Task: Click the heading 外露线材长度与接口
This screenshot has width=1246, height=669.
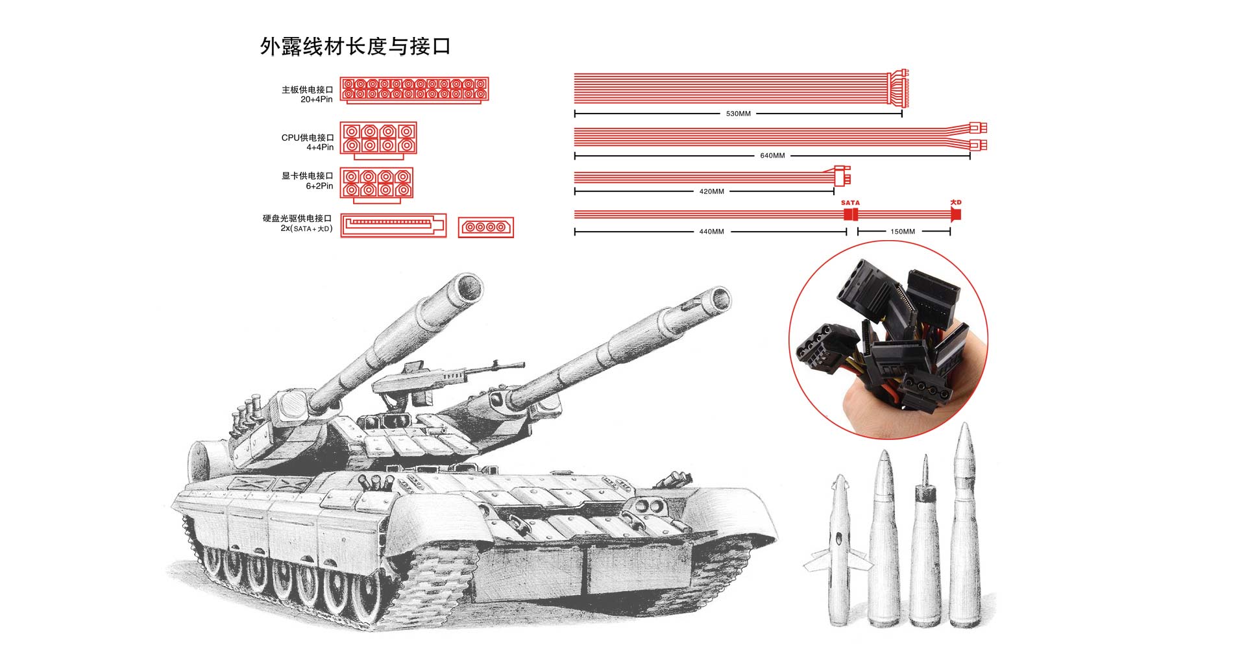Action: [355, 46]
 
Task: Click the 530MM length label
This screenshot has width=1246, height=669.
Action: [738, 114]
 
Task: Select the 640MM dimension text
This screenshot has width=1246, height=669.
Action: [772, 156]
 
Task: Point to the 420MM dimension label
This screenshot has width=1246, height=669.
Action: [711, 191]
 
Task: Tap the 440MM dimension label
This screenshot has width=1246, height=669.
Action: [711, 232]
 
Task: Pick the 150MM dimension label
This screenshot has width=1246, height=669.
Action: [903, 232]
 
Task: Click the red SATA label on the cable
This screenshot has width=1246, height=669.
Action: [850, 203]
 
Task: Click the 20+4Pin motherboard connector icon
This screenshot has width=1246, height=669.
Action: [414, 90]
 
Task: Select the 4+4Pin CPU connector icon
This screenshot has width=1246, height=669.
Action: [378, 140]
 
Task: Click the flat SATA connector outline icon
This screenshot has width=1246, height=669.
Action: [394, 226]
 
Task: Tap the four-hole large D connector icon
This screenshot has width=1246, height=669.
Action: [486, 227]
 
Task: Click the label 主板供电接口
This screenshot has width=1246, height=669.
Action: [307, 90]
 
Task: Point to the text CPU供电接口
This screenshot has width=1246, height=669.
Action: [308, 138]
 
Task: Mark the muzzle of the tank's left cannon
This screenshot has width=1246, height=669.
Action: [467, 286]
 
